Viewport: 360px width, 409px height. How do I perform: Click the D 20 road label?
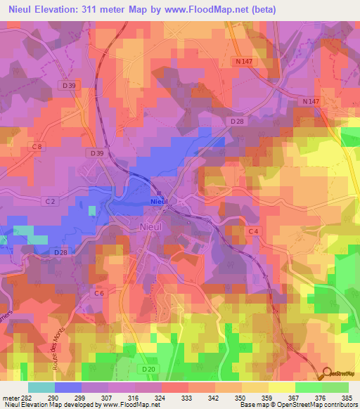click(x=148, y=369)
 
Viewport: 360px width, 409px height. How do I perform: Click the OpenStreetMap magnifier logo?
click(x=326, y=375)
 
